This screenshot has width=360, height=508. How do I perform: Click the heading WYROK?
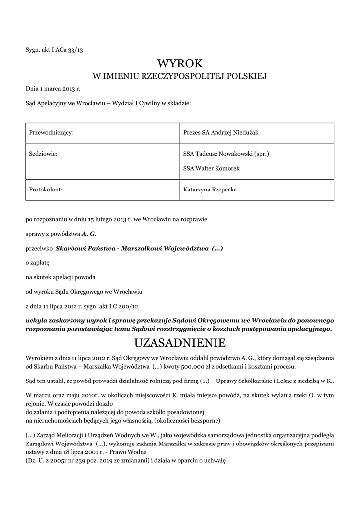pyautogui.click(x=180, y=63)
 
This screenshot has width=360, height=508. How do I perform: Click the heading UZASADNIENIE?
pyautogui.click(x=180, y=343)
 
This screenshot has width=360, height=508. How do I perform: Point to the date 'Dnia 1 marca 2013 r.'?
pyautogui.click(x=53, y=89)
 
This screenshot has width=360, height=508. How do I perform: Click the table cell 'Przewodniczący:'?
pyautogui.click(x=52, y=133)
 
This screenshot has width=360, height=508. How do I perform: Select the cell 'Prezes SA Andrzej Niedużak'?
pyautogui.click(x=221, y=133)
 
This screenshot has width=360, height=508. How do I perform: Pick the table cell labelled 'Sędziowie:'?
pyautogui.click(x=44, y=154)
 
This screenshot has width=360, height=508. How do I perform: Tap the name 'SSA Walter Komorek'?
pyautogui.click(x=212, y=169)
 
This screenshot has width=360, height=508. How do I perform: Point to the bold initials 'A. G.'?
pyautogui.click(x=89, y=233)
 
